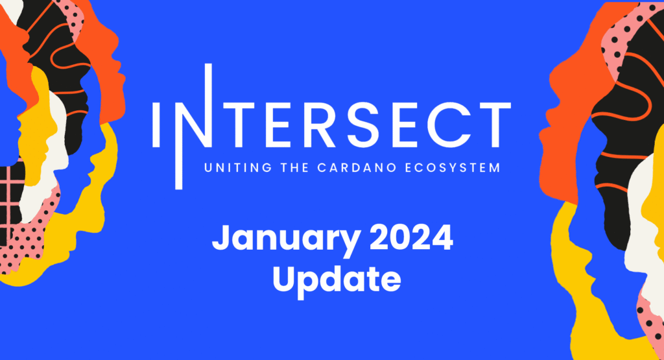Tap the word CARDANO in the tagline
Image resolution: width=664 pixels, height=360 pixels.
pyautogui.click(x=357, y=168)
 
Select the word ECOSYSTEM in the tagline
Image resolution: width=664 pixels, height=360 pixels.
pyautogui.click(x=453, y=168)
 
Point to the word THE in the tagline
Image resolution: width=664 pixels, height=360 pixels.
pyautogui.click(x=295, y=168)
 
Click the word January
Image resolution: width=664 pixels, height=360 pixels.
pyautogui.click(x=287, y=239)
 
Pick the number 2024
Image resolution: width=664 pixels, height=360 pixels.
pyautogui.click(x=412, y=238)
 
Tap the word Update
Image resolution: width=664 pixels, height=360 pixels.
pyautogui.click(x=337, y=280)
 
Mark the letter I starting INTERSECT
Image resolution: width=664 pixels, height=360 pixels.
pyautogui.click(x=156, y=125)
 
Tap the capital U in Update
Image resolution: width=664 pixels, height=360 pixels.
pyautogui.click(x=284, y=279)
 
